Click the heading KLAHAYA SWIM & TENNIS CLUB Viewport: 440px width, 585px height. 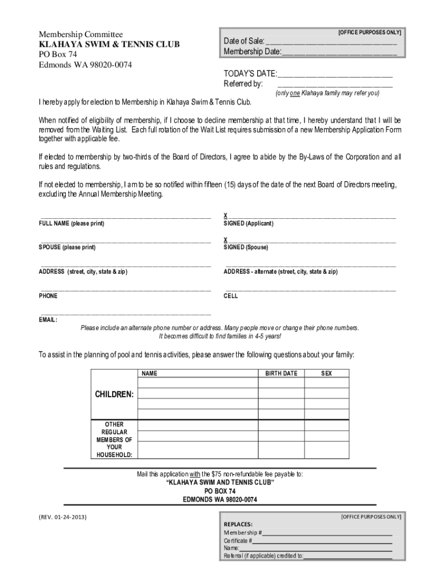tap(109, 45)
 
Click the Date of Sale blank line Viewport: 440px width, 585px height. tap(331, 42)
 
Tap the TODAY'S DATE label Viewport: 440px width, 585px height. tap(250, 74)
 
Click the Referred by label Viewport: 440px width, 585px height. tap(243, 84)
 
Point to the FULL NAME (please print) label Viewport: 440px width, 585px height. tap(71, 224)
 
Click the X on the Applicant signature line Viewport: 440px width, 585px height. tap(226, 215)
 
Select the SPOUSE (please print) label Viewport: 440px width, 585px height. tap(67, 248)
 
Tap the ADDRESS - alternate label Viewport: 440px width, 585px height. tap(280, 272)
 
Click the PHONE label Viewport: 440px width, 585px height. tap(48, 296)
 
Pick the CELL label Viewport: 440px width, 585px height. tap(231, 296)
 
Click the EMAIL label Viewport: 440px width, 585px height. tap(48, 320)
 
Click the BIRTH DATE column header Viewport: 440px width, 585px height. tap(281, 374)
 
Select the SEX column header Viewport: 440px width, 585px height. tap(327, 374)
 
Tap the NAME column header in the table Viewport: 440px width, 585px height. tap(150, 374)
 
